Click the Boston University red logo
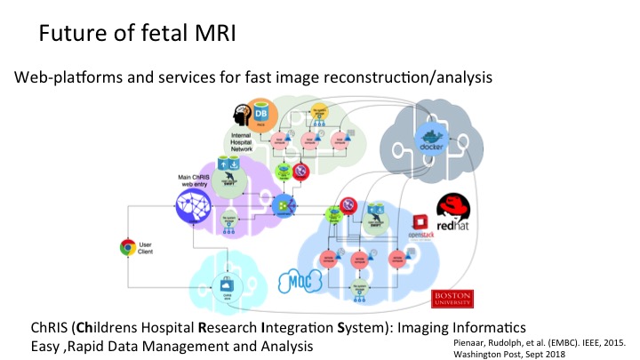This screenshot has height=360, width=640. pyautogui.click(x=449, y=298)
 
